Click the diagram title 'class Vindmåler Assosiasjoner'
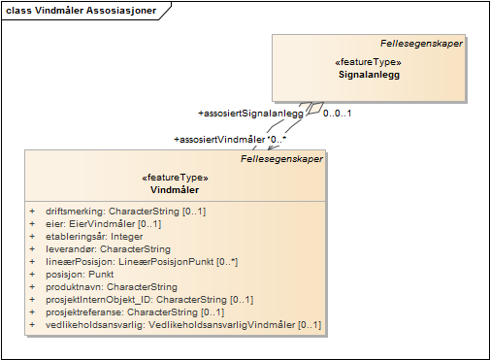point(82,11)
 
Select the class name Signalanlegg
point(369,75)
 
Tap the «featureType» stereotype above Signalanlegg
point(369,62)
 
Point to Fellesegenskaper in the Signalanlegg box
point(421,44)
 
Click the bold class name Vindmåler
point(175,190)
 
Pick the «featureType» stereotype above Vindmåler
point(175,178)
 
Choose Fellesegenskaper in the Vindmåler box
point(281,159)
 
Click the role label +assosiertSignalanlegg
point(251,114)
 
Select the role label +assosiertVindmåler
point(219,140)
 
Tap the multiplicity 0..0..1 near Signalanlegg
point(337,114)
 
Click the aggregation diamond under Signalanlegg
point(315,108)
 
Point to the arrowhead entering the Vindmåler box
point(273,147)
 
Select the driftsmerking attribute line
point(126,212)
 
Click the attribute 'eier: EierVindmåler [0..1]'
point(104,224)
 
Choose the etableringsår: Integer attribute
point(94,237)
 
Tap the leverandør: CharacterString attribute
point(108,249)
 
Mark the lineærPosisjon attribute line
point(142,262)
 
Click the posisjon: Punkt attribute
point(80,275)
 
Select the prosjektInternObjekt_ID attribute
point(149,300)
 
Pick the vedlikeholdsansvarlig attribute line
point(183,325)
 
